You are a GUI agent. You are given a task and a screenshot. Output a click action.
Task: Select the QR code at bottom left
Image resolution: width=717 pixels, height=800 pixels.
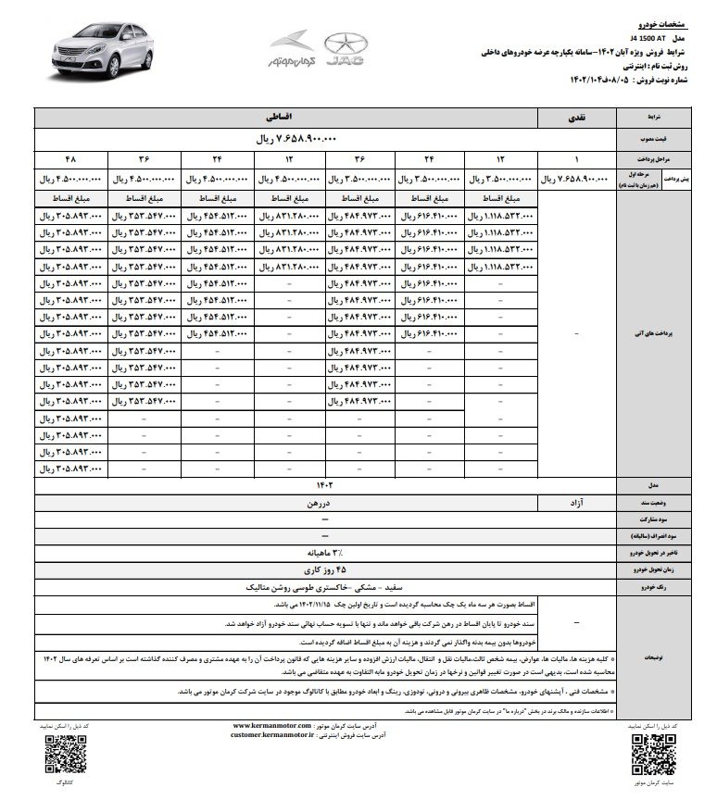tap(58, 757)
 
